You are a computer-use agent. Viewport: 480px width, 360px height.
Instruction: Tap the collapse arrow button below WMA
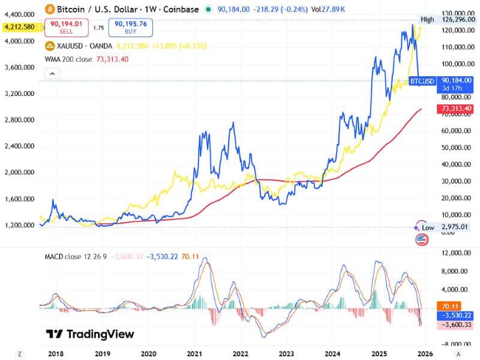click(53, 74)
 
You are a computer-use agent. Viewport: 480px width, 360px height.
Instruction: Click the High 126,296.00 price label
click(446, 20)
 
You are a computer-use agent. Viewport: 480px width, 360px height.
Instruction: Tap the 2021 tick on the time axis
click(194, 353)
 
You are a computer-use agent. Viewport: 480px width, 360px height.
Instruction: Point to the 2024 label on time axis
click(333, 353)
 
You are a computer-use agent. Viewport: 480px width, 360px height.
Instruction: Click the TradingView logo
click(90, 334)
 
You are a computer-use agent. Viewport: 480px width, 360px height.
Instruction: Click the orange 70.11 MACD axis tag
click(449, 305)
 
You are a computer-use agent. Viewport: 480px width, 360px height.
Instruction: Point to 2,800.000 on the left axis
click(19, 120)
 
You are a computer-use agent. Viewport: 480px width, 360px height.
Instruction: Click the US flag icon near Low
click(422, 240)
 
